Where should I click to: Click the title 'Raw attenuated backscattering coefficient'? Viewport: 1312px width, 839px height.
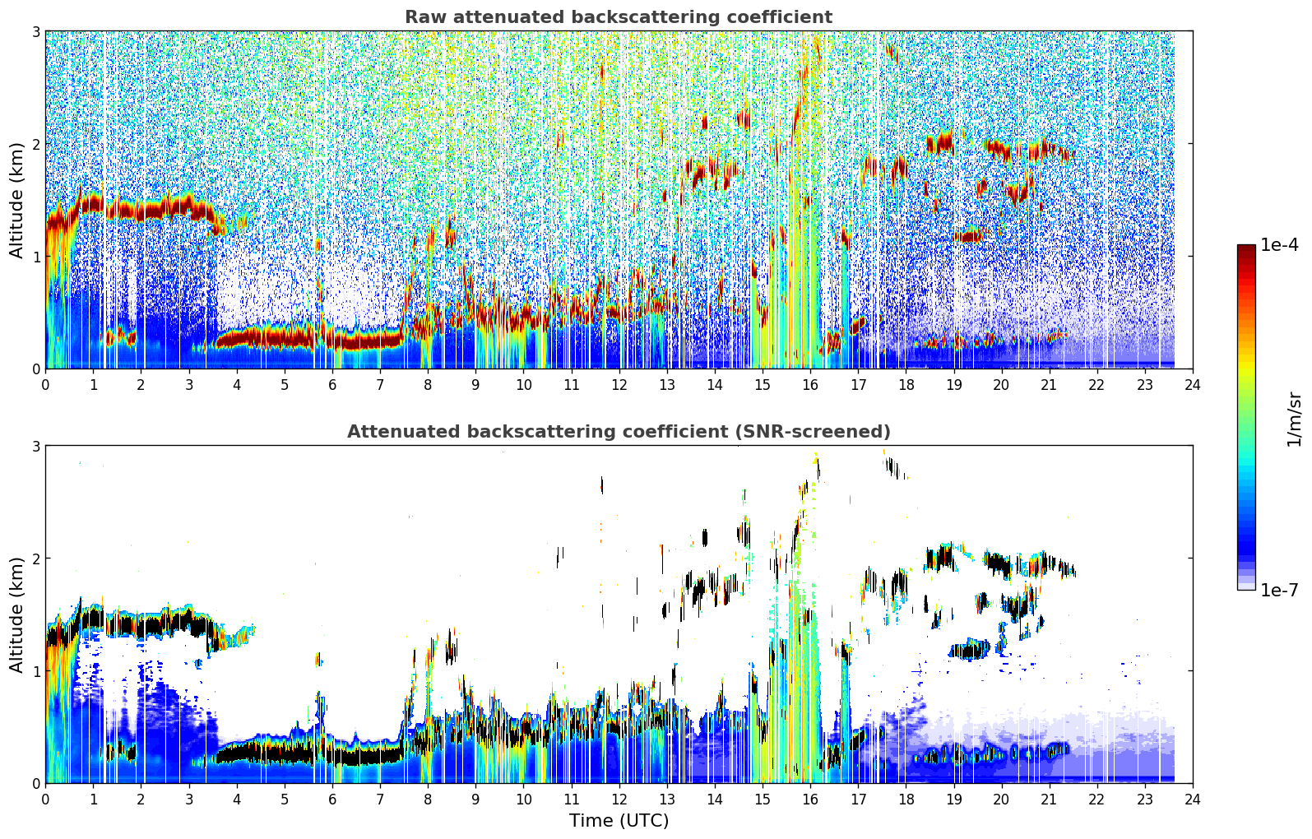pos(619,17)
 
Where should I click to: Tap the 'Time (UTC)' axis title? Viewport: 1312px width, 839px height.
pos(619,821)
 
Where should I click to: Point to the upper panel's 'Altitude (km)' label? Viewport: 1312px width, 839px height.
pos(16,201)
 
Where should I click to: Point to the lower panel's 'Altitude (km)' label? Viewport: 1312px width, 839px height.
pos(16,615)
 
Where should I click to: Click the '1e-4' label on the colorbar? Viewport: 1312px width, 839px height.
pos(1279,245)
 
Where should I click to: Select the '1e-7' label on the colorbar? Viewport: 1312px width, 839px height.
pos(1279,590)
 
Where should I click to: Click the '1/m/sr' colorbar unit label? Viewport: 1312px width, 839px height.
pos(1295,420)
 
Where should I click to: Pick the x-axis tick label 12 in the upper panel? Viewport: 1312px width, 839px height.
pos(619,385)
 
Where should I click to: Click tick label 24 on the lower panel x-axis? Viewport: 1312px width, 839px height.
pos(1193,800)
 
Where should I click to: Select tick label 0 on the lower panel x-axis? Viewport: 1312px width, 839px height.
pos(46,800)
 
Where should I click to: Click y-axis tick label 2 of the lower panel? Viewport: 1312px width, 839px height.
pos(35,559)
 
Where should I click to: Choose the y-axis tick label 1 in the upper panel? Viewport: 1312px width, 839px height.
pos(35,256)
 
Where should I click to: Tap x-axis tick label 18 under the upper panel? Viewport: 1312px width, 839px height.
pos(906,385)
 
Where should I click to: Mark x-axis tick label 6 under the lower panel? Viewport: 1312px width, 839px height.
pos(332,800)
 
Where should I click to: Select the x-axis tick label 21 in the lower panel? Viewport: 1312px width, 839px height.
pos(1049,800)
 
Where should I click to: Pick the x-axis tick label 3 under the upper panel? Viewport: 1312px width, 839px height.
pos(189,385)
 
